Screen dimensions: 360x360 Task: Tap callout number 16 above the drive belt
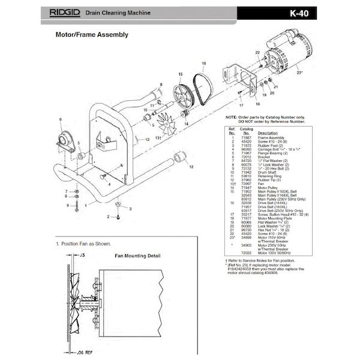(204, 63)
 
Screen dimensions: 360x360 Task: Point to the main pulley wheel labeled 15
(184, 97)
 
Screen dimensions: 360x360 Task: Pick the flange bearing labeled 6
(62, 142)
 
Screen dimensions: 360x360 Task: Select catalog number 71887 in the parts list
(246, 137)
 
